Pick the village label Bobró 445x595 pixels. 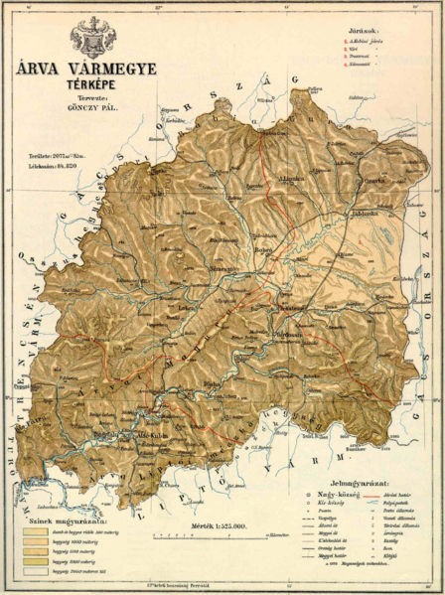268,249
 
